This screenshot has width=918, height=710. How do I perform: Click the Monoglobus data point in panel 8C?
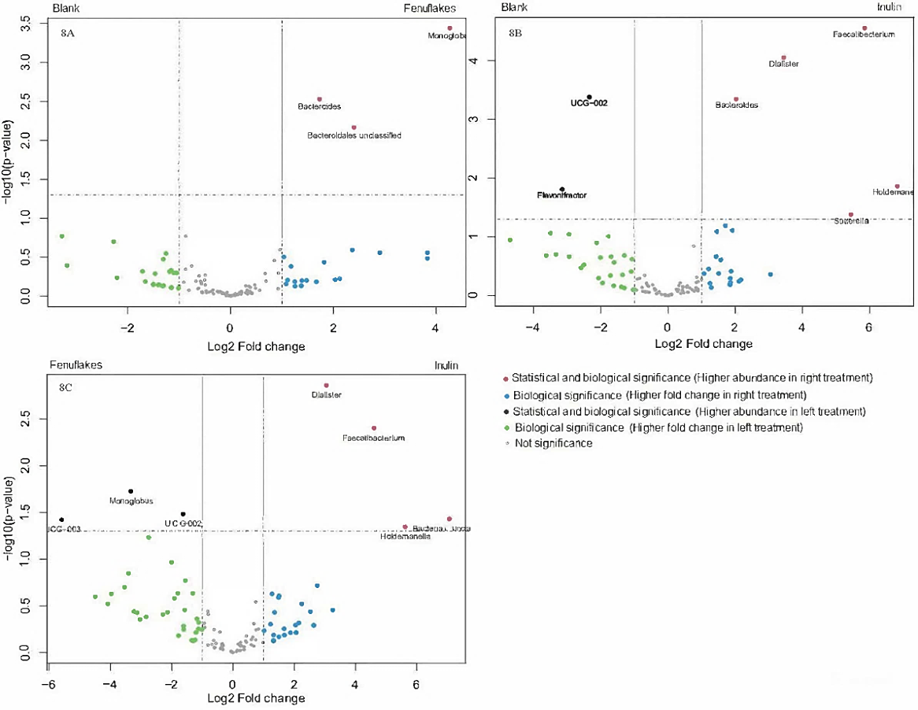click(131, 491)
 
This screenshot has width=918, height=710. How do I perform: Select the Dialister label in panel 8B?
click(783, 64)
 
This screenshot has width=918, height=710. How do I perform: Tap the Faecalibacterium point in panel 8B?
click(864, 28)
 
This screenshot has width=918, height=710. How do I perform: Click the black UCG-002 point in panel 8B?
click(589, 97)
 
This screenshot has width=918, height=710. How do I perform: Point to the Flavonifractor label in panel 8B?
click(561, 195)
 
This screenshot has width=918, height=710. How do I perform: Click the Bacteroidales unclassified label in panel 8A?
click(354, 136)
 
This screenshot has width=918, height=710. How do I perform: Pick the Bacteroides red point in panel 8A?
click(319, 99)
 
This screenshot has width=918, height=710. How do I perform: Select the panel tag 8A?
click(68, 35)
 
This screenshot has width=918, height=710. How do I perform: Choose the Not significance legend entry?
click(552, 443)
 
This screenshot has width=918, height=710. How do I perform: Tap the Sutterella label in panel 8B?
click(851, 221)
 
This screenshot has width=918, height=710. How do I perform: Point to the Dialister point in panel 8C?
click(326, 386)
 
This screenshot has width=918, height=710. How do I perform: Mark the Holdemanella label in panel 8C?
click(405, 537)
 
